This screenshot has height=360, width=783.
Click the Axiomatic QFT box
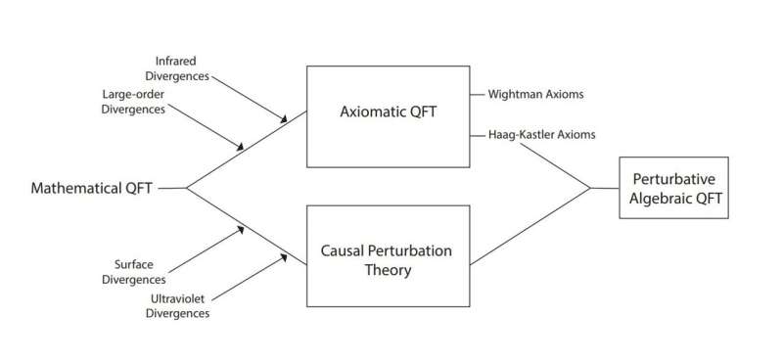tap(388, 116)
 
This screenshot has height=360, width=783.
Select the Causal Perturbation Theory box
tap(388, 257)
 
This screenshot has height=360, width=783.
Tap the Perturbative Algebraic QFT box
tap(673, 187)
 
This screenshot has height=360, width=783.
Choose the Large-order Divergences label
tap(134, 101)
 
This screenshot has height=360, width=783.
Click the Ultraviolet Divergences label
tap(178, 306)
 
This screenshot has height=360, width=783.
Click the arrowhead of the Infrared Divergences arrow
tap(285, 120)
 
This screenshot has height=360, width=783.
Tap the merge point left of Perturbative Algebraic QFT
tap(590, 188)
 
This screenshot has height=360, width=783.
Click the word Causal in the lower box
tap(345, 248)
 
